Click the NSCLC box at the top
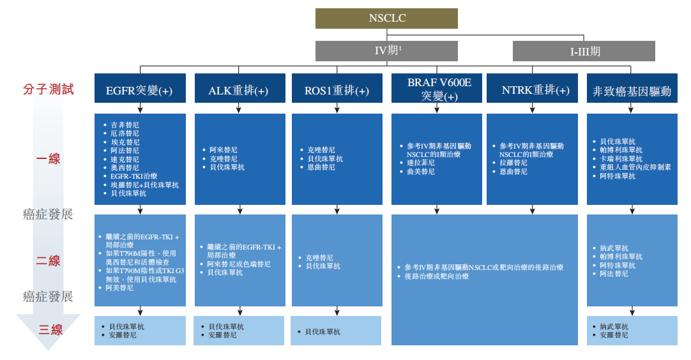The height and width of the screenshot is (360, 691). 386,19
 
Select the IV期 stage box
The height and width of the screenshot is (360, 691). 386,51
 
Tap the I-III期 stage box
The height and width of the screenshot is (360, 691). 584,51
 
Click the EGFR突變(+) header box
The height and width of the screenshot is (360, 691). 140,91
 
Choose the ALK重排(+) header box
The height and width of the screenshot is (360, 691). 238,91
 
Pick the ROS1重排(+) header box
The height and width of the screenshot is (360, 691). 337,91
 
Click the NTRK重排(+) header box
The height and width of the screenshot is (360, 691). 535,90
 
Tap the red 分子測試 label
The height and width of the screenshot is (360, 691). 49,89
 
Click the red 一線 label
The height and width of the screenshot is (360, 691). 49,158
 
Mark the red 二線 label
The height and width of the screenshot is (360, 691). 49,260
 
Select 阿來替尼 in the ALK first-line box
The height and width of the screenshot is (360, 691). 224,150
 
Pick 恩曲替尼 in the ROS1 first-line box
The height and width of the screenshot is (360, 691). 321,167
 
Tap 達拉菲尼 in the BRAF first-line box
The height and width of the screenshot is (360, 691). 421,163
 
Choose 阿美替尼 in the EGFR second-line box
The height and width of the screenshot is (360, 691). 120,288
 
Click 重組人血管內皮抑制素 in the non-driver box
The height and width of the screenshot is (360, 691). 635,167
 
